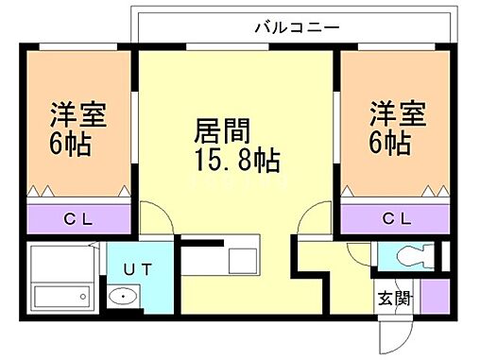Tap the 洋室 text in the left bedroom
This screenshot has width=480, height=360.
(x=78, y=116)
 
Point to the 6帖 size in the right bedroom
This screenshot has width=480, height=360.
(x=388, y=144)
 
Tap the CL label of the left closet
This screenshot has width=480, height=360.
(x=79, y=219)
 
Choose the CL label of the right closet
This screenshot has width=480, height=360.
(x=397, y=219)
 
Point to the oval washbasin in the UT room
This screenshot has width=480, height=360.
(x=122, y=299)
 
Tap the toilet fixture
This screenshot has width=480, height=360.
(x=413, y=256)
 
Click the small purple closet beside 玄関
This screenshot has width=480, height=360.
(x=434, y=295)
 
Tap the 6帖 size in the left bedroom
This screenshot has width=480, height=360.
(x=71, y=144)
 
